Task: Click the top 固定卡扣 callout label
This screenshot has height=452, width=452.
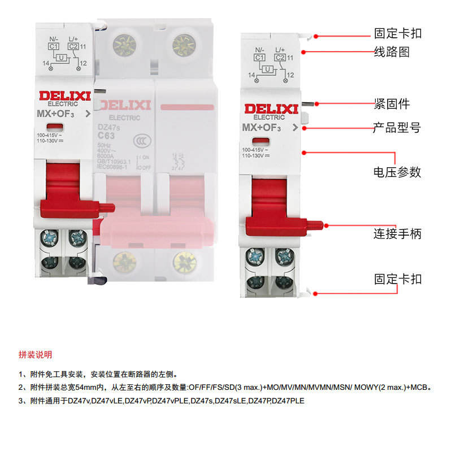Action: (398, 33)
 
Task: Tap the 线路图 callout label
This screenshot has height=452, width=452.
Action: (392, 53)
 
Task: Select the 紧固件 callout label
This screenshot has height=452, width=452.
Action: (392, 103)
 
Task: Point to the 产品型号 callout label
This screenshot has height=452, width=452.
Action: (398, 128)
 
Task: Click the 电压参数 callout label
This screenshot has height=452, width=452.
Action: (398, 172)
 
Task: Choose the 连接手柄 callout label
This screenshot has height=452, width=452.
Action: (398, 233)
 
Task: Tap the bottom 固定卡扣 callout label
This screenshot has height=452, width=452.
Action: (398, 279)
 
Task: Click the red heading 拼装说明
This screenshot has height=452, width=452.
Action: (36, 355)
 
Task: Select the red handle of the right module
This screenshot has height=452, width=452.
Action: (271, 206)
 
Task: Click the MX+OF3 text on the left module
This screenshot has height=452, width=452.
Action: (56, 114)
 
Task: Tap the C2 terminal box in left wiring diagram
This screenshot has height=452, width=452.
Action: (73, 46)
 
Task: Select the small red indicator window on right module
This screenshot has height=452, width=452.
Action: (260, 141)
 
